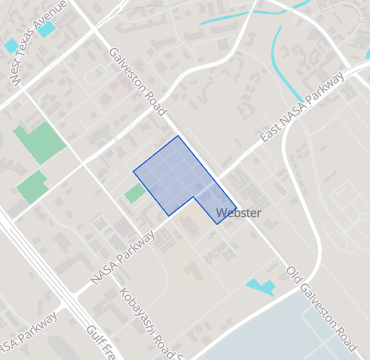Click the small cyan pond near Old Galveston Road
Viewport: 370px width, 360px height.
point(262,287)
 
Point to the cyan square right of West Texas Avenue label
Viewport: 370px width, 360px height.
point(47,29)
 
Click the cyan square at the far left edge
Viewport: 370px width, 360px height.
point(10,46)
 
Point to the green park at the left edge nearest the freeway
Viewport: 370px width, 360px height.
point(31,186)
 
